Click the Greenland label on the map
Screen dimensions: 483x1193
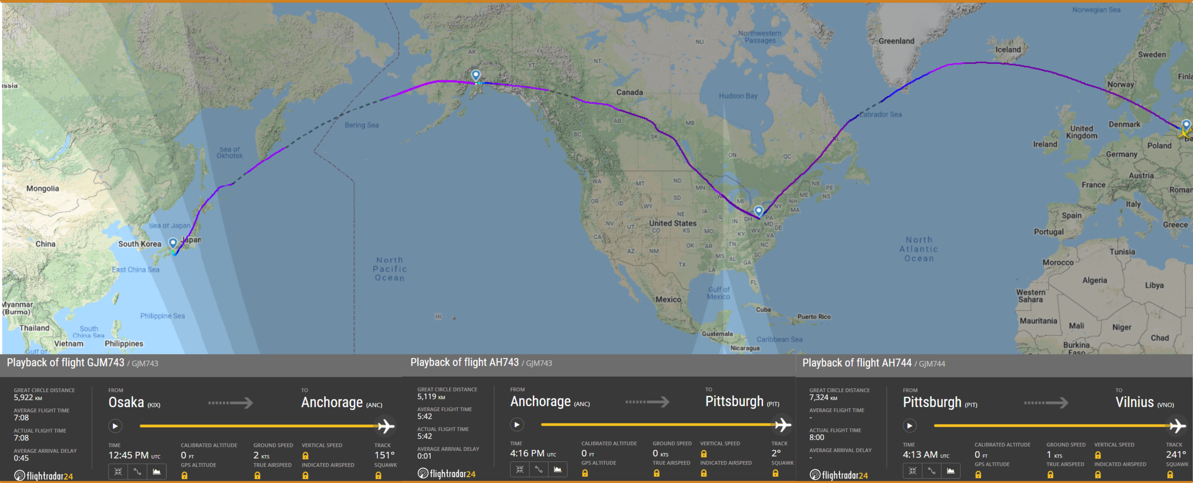click(896, 41)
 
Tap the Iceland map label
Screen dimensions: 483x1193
click(1008, 50)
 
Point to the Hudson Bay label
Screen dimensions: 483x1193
click(738, 96)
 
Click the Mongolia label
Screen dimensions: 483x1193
click(43, 189)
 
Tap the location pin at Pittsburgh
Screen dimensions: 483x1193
click(759, 211)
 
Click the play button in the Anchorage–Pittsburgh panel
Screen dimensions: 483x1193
click(517, 424)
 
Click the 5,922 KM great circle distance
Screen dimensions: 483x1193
click(28, 397)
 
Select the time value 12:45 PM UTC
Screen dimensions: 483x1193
click(134, 455)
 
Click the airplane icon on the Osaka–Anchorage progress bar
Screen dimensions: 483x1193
click(385, 426)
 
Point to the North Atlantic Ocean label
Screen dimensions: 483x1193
click(919, 249)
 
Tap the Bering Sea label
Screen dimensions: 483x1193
click(361, 125)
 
